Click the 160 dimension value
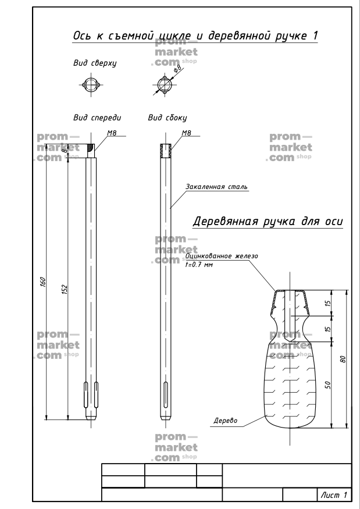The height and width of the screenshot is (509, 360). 43,282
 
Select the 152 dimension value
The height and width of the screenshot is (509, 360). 65,289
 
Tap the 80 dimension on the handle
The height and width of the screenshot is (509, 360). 343,359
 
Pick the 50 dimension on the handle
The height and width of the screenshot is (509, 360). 328,385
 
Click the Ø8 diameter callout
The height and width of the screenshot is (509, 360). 178,69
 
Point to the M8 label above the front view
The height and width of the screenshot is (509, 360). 112,133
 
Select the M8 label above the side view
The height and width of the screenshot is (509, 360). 186,133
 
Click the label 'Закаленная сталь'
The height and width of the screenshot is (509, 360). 216,187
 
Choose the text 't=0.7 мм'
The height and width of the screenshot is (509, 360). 199,265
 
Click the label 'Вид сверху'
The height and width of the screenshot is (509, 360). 95,63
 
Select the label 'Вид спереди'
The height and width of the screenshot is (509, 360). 97,118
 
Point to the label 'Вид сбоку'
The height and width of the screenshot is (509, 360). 167,118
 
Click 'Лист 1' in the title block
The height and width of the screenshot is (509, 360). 334,494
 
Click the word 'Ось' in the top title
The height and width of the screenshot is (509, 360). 83,35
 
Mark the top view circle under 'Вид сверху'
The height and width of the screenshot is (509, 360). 91,85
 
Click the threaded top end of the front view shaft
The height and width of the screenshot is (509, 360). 91,151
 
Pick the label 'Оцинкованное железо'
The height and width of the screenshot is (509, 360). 222,256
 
